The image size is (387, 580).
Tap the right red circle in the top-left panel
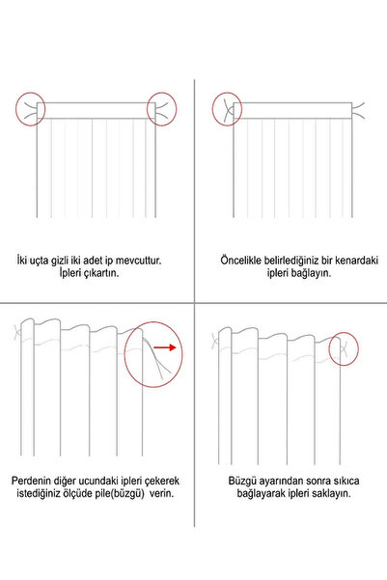(161, 109)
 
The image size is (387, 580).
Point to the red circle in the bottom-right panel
(345, 346)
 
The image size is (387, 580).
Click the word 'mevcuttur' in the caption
(130, 261)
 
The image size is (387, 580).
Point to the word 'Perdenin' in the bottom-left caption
(37, 480)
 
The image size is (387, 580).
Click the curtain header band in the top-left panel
(96, 110)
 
